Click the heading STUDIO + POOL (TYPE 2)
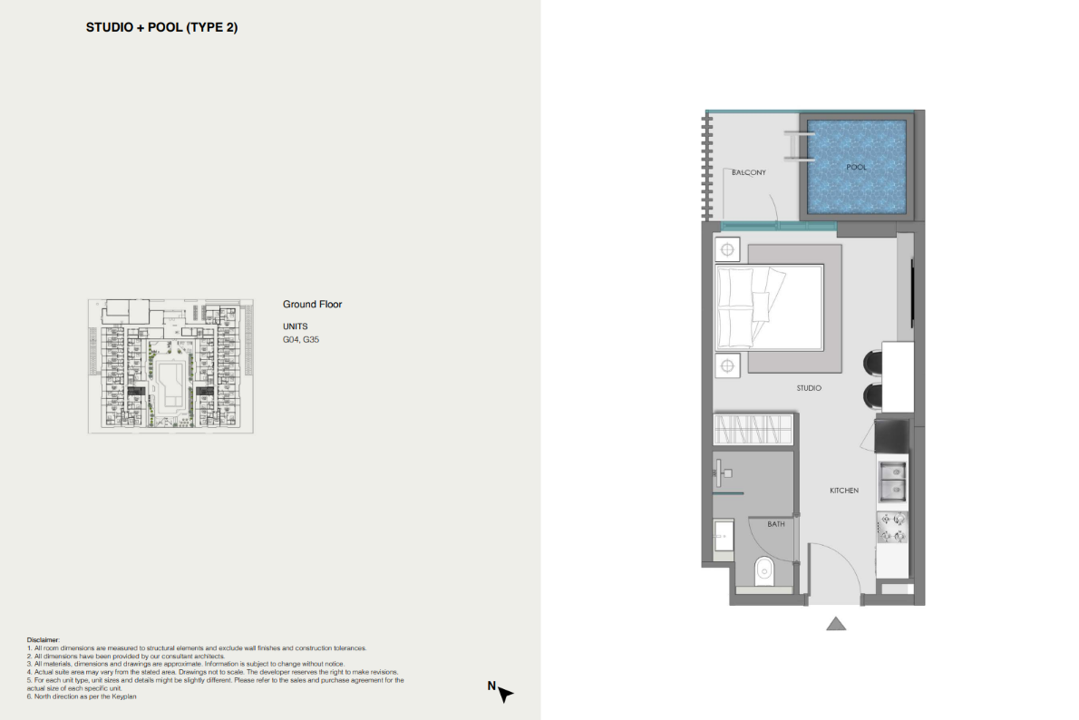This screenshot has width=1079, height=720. [x=161, y=27]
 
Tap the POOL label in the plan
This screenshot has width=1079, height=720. [x=856, y=167]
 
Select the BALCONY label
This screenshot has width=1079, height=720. [x=749, y=173]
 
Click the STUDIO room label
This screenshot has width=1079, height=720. [x=809, y=388]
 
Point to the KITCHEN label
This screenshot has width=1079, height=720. [x=843, y=491]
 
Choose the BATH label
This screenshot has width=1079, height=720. [x=776, y=524]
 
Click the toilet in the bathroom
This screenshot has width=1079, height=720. [x=763, y=570]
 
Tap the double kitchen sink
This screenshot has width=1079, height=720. [x=892, y=481]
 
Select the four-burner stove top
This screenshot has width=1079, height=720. [x=892, y=527]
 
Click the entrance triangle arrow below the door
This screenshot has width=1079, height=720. [x=835, y=624]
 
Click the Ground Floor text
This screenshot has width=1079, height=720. [x=313, y=305]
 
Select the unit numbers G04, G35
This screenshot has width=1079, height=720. [x=301, y=339]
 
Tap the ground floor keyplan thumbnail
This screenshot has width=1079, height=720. [x=170, y=366]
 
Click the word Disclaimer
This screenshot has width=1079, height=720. [x=44, y=640]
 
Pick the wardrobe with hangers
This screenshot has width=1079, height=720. [x=753, y=430]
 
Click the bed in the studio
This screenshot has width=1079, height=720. [x=769, y=307]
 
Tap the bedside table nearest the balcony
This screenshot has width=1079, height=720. [x=727, y=250]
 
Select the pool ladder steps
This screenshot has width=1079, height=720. [x=798, y=147]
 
